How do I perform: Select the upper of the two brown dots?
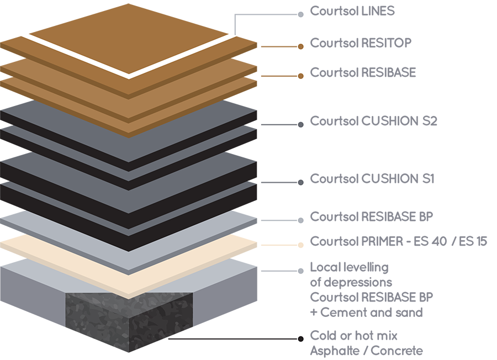(x=300, y=47)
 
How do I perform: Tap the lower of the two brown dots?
(x=300, y=76)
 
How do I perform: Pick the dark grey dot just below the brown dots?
(x=300, y=125)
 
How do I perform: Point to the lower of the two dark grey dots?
(x=300, y=182)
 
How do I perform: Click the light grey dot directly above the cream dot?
(x=300, y=221)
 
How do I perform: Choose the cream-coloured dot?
(x=300, y=245)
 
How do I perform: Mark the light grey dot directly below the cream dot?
(x=300, y=271)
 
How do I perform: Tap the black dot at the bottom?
(x=300, y=338)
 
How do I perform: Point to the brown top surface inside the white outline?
(x=127, y=33)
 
